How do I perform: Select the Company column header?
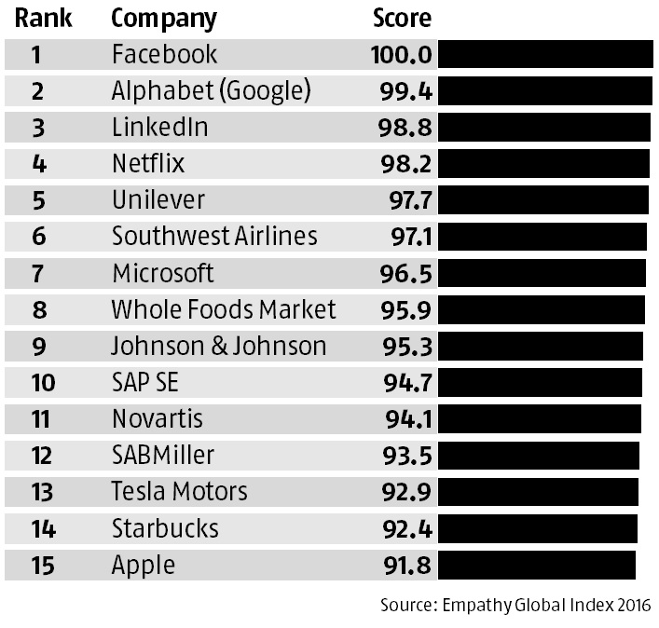tap(163, 18)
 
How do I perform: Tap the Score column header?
tap(402, 18)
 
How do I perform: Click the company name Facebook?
tap(164, 54)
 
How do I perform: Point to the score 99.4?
tap(401, 90)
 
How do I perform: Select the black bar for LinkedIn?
tap(544, 127)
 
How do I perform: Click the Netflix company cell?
tap(148, 163)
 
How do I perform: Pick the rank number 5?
tap(39, 199)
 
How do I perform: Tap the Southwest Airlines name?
tap(214, 236)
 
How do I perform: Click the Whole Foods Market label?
tap(224, 309)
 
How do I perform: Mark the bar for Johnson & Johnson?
tap(541, 346)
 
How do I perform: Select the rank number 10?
tap(42, 382)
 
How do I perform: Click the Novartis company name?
tap(157, 418)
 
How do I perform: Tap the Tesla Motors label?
tap(179, 491)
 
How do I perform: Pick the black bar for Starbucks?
tap(538, 527)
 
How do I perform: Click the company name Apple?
tap(143, 565)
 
